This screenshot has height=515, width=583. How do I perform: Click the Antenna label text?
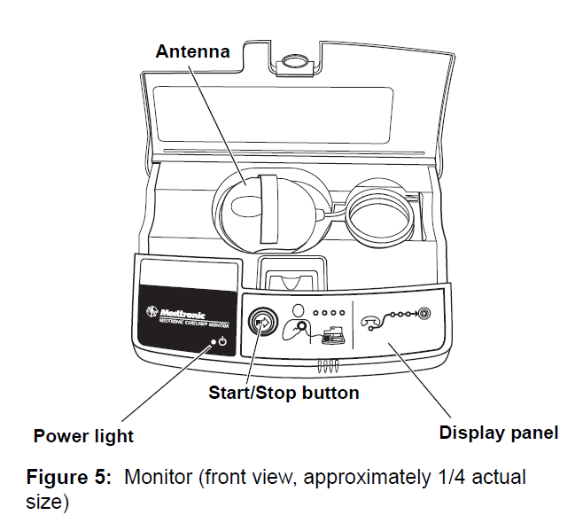click(192, 51)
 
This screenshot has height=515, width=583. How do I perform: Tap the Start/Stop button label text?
click(284, 393)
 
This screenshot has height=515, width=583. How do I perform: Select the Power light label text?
click(83, 435)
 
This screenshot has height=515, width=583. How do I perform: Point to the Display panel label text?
click(499, 433)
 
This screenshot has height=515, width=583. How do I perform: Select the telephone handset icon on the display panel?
click(372, 319)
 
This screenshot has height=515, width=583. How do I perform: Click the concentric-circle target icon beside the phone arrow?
click(424, 314)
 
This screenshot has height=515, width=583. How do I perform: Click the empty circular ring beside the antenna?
click(380, 213)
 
